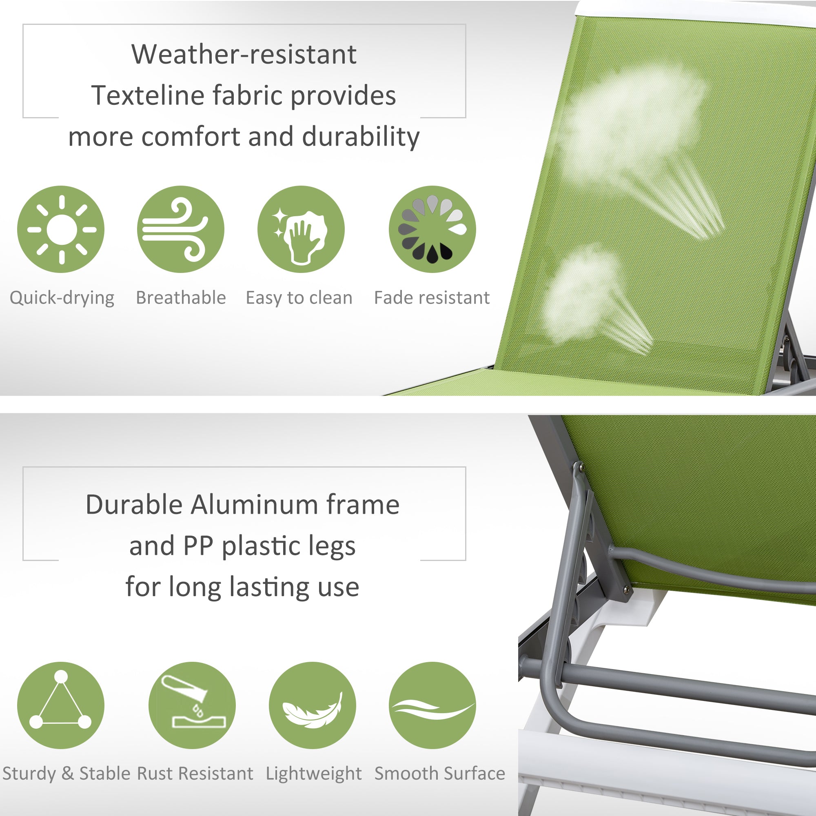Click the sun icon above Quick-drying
[61, 229]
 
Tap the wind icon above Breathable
[181, 229]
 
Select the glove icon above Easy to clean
[301, 229]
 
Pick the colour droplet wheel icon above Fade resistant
[432, 229]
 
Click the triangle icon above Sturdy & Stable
[61, 705]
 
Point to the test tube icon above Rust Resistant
[192, 705]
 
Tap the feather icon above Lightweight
[312, 705]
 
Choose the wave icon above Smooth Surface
[432, 705]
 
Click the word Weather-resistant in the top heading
[244, 55]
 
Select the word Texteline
[147, 95]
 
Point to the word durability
[361, 137]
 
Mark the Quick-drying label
[62, 298]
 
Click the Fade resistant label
[432, 298]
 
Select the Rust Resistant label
[195, 774]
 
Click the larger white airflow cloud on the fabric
[634, 122]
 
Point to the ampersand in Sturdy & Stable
[68, 774]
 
